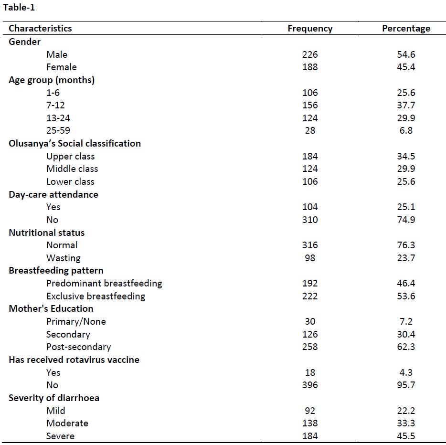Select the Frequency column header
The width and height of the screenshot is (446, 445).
[310, 29]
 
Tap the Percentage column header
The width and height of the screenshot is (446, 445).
[406, 29]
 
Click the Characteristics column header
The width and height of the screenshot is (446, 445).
[40, 29]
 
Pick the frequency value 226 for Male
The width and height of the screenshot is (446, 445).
[310, 54]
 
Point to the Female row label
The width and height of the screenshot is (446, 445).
[61, 67]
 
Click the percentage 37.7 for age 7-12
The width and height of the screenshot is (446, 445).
[406, 105]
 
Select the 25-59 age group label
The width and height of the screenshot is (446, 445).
[58, 130]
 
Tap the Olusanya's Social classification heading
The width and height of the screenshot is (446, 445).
[74, 143]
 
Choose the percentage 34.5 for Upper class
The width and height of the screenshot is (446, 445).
[406, 156]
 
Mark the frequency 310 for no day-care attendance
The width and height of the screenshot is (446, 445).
[310, 220]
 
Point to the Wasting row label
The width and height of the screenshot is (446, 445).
[63, 258]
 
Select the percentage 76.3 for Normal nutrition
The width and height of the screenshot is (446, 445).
[406, 245]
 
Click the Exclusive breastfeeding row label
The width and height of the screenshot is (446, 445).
[96, 296]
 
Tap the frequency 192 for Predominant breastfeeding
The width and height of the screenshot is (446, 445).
[310, 283]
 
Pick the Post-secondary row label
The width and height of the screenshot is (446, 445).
[78, 347]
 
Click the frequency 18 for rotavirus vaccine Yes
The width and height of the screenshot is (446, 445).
[310, 372]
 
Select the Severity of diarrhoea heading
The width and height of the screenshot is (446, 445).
[54, 398]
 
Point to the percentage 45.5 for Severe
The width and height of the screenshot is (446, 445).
[406, 436]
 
